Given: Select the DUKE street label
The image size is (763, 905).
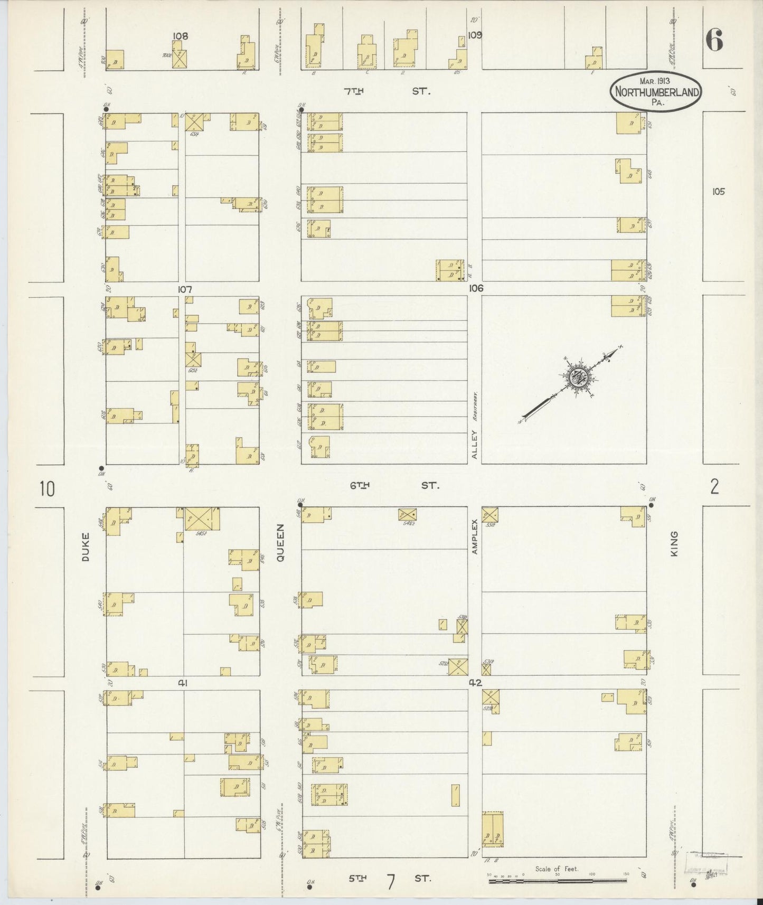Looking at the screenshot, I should tap(86, 546).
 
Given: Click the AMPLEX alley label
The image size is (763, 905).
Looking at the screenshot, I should tap(474, 536).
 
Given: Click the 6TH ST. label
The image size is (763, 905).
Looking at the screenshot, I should tap(394, 485).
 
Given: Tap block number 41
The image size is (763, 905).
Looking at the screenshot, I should tap(182, 683).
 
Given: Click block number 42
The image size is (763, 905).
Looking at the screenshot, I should tap(475, 682).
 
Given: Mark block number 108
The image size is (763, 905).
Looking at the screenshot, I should tap(181, 36).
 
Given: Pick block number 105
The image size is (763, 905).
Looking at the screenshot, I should tap(718, 192).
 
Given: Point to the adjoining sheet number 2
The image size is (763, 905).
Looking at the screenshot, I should tap(714, 487).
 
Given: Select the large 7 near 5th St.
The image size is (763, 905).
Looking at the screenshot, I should tap(391, 882).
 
